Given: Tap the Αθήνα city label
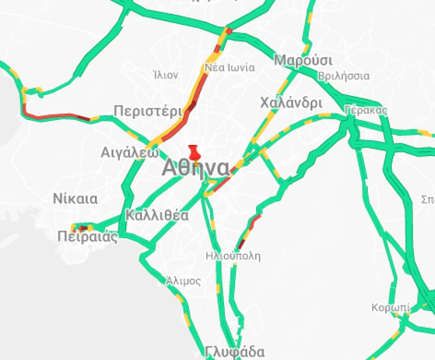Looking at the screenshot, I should [195, 168].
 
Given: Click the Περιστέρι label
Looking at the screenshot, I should [148, 110].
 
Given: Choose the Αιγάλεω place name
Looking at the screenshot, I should [130, 153].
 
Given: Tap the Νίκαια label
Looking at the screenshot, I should [75, 199].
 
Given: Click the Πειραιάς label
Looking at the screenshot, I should [88, 237].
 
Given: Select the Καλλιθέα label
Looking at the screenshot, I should [157, 216].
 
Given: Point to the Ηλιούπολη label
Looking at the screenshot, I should [233, 256].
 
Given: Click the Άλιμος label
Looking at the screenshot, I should [183, 280].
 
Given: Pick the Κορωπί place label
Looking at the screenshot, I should [390, 308].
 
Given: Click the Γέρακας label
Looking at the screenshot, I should [366, 110].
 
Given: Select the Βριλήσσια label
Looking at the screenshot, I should [343, 76].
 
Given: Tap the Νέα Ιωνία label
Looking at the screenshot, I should [230, 67].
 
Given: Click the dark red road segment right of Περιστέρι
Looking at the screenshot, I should [190, 106].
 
